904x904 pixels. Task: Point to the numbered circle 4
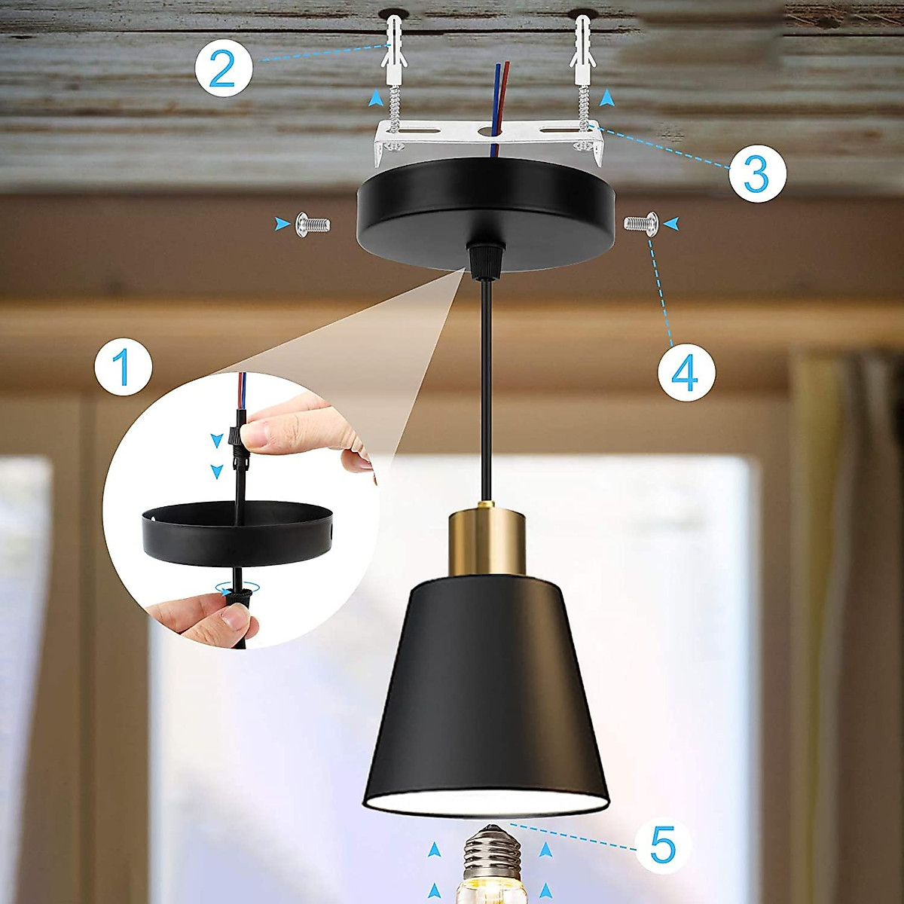[686, 372]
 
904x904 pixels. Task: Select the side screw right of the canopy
[640, 223]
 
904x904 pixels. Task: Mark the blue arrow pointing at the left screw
[282, 223]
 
